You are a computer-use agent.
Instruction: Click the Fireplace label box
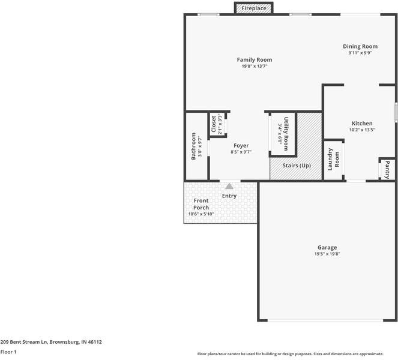point(254,8)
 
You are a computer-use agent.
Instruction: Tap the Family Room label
point(254,59)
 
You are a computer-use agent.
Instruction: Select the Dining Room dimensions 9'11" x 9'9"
point(360,53)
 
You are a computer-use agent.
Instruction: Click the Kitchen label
point(362,123)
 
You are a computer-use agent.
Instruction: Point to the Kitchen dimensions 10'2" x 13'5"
point(362,130)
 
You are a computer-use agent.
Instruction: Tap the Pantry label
point(387,169)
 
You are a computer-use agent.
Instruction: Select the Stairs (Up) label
point(297,165)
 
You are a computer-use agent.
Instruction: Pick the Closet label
point(214,124)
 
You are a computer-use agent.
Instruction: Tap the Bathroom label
point(194,146)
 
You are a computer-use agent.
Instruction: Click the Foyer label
point(241,145)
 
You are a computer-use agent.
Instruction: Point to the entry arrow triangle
point(229,187)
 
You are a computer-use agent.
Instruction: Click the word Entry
point(229,196)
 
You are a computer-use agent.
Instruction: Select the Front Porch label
point(201,204)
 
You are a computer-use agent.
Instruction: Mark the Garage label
point(327,247)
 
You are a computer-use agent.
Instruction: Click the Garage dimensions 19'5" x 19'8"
point(327,254)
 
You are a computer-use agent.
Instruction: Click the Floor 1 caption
point(8,352)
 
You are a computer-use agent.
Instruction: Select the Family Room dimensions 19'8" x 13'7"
point(254,66)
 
